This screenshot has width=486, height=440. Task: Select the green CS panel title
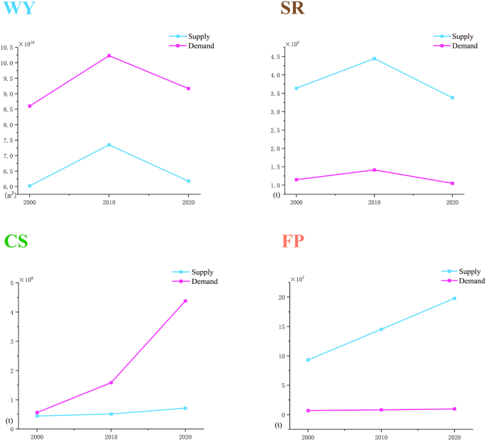coord(16,241)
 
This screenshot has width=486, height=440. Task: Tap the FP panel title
coord(287,241)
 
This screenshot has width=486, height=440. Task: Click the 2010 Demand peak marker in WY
coord(109,55)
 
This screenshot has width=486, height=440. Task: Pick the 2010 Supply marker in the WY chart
coord(109,145)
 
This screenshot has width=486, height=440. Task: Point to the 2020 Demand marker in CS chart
coord(185,301)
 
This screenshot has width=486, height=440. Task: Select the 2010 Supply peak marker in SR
coord(374,59)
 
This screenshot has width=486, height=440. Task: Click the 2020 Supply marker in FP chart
coord(454,298)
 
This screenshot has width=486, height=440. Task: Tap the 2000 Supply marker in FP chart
coord(308,360)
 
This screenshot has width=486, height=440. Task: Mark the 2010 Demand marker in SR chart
coord(374,170)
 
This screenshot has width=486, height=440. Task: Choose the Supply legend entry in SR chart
coord(463,36)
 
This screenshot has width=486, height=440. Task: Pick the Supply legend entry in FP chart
coord(469,271)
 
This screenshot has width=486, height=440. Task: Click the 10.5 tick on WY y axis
coord(9,48)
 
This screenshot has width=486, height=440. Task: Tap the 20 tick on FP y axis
coord(281,297)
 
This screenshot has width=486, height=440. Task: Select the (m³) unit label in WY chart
coord(10,194)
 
